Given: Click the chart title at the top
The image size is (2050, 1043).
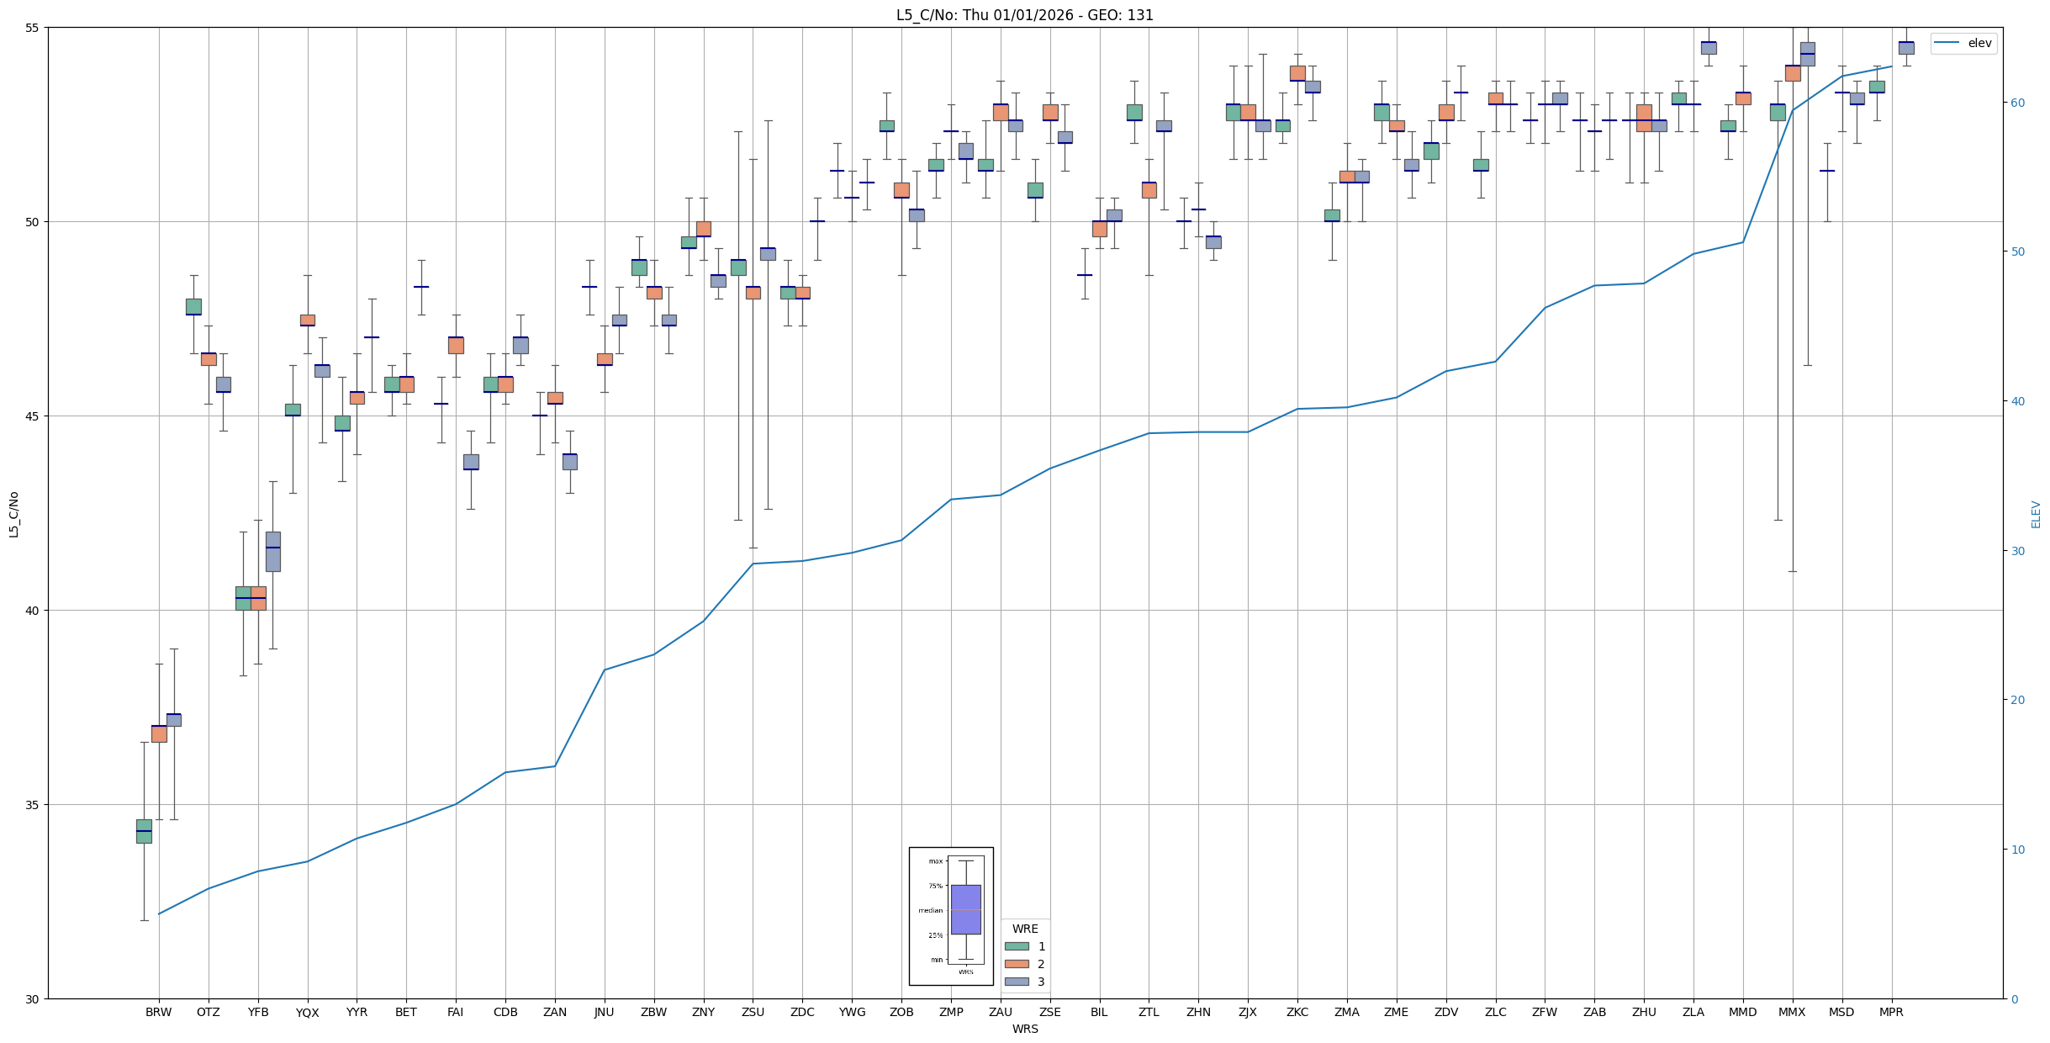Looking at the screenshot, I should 1024,15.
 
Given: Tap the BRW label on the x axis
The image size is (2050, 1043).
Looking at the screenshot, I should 158,1012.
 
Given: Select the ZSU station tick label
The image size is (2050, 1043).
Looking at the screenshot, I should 753,1012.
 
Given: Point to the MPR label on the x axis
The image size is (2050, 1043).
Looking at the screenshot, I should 1891,1012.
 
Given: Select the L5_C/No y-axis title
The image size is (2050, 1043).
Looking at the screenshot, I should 13,514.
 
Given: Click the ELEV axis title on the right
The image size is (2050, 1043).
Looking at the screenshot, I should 2036,514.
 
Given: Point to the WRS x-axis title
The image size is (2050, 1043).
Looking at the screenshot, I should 1024,1029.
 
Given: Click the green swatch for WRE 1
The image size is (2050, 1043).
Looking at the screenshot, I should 1017,946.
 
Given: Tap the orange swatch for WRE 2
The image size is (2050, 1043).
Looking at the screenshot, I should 1017,964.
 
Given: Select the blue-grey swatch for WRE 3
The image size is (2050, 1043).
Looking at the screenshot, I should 1017,982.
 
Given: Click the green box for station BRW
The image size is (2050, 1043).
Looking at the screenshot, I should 144,831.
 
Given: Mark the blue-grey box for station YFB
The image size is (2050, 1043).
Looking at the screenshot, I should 273,552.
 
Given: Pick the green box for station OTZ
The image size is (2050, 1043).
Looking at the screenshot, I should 193,307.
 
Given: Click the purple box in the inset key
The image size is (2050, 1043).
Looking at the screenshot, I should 965,909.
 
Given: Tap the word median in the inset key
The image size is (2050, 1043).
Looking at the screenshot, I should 930,910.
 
